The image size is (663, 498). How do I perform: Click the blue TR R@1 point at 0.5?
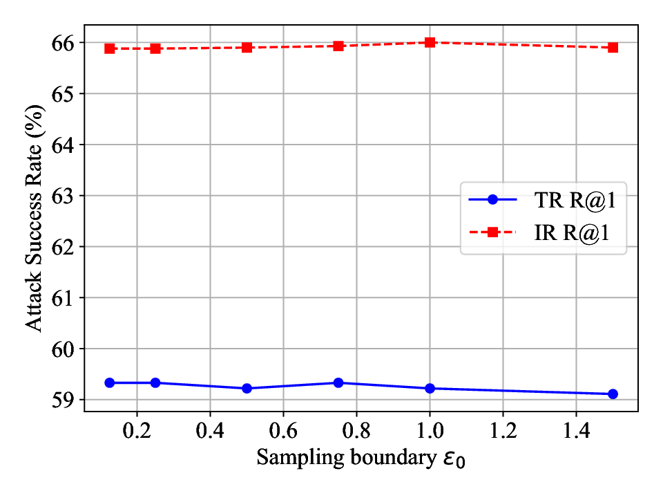[x=247, y=388]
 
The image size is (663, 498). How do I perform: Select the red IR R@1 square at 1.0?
[x=430, y=42]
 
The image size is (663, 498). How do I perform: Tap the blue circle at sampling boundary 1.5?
[x=613, y=394]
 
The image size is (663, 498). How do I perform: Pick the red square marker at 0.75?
[x=338, y=46]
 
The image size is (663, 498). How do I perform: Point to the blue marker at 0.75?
[x=338, y=382]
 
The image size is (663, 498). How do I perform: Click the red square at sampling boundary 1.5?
[x=613, y=47]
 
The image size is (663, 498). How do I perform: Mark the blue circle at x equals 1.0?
[x=430, y=388]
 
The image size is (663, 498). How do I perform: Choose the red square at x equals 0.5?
[x=247, y=47]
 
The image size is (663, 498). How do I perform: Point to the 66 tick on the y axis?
[x=65, y=43]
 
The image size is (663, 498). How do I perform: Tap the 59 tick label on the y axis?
[x=65, y=400]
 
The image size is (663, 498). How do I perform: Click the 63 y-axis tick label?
[x=65, y=196]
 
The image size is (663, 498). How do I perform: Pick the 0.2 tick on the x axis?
[x=137, y=430]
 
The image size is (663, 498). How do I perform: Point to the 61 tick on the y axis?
[x=65, y=298]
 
